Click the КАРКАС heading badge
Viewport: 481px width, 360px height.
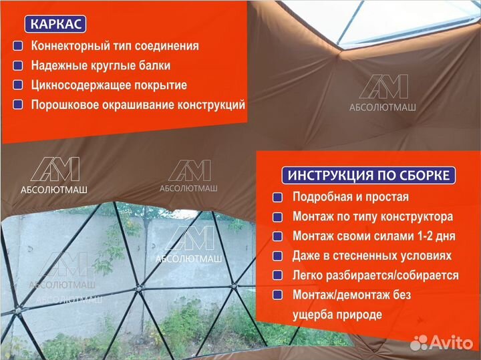tap(55, 25)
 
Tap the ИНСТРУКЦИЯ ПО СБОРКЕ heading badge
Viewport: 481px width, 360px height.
tap(369, 176)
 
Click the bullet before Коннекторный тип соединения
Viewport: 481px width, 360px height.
tap(18, 47)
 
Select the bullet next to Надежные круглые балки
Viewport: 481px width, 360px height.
tap(18, 66)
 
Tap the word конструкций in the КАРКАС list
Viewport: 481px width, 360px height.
tap(212, 105)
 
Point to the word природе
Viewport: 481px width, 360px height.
tap(359, 315)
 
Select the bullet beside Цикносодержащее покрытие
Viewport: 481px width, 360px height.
tap(18, 85)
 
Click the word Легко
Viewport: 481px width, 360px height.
tap(308, 275)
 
